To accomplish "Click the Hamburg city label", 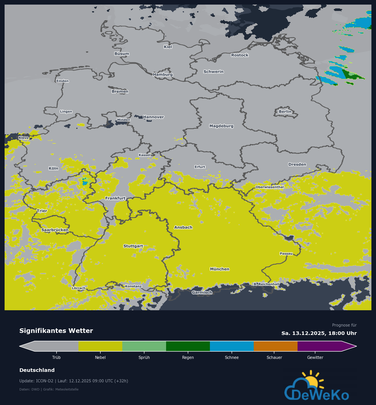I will [163, 74].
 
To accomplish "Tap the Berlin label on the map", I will [285, 112].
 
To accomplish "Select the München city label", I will [220, 269].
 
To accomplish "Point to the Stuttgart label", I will [133, 246].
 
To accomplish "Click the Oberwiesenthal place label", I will [270, 187].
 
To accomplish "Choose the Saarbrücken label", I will [55, 230].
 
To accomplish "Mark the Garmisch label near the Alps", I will [202, 292].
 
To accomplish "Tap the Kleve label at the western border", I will [24, 138].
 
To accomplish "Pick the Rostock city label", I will [240, 55].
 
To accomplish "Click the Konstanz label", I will [133, 286].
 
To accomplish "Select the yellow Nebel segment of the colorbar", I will [100, 346].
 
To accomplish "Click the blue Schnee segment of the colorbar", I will [232, 346].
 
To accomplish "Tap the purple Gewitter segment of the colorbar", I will [319, 346].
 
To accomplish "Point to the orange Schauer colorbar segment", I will [276, 346].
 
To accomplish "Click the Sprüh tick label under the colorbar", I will [144, 357].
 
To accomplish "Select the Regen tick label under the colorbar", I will [188, 357].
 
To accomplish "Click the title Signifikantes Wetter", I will [56, 331].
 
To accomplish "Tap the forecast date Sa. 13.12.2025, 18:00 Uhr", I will [319, 333].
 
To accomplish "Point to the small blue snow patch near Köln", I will [85, 183].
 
